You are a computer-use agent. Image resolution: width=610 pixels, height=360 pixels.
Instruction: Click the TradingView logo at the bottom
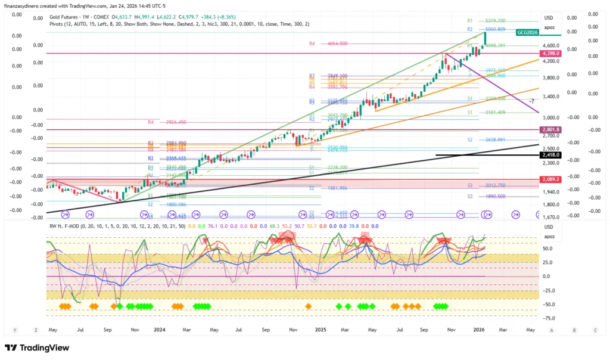pyautogui.click(x=37, y=347)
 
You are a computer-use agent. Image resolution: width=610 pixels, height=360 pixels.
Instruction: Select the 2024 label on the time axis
pyautogui.click(x=159, y=330)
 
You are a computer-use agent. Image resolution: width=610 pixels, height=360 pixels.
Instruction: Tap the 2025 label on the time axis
pyautogui.click(x=320, y=330)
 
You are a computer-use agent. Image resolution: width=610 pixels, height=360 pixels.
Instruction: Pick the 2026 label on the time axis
pyautogui.click(x=479, y=330)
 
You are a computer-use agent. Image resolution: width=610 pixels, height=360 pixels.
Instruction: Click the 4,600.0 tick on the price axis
pyautogui.click(x=550, y=45)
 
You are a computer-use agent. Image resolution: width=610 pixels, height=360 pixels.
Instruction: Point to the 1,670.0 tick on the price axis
pyautogui.click(x=550, y=218)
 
